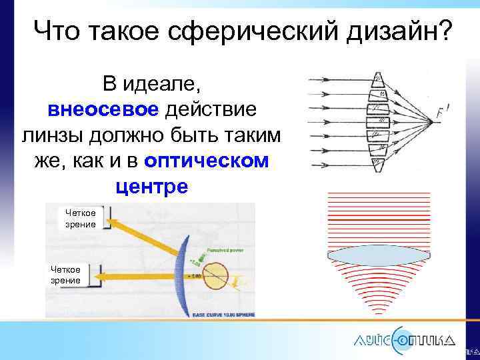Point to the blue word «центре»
(152, 186)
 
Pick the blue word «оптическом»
(207, 160)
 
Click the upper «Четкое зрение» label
(80, 219)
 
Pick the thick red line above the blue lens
(378, 219)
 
